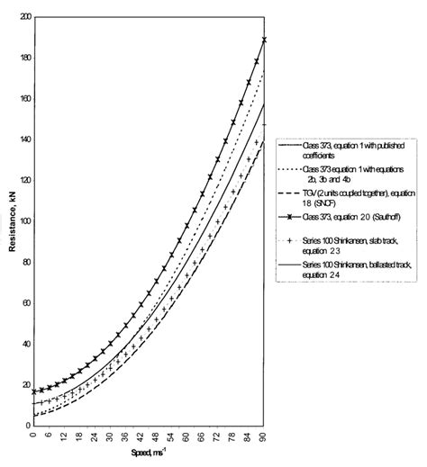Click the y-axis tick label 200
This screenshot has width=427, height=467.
point(23,17)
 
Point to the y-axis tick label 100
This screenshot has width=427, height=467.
point(23,221)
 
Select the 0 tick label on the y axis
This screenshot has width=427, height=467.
point(27,426)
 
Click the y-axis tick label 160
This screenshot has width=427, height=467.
point(23,99)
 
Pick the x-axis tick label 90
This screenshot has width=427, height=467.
point(263,437)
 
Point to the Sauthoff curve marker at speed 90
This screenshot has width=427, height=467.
point(264,40)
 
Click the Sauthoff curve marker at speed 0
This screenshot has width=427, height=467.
point(34,391)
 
